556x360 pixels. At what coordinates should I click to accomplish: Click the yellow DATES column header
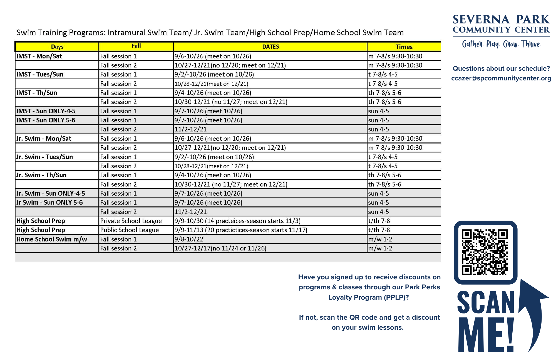pyautogui.click(x=270, y=47)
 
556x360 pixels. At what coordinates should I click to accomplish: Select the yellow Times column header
pyautogui.click(x=404, y=47)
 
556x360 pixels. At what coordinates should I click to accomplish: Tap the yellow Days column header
pyautogui.click(x=57, y=47)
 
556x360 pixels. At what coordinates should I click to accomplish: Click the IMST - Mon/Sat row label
pyautogui.click(x=39, y=56)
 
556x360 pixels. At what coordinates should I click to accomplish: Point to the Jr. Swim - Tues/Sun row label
pyautogui.click(x=44, y=157)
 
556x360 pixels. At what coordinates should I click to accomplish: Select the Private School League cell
pyautogui.click(x=131, y=221)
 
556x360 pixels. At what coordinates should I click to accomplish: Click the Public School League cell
pyautogui.click(x=129, y=230)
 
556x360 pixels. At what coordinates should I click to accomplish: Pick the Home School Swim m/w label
pyautogui.click(x=52, y=239)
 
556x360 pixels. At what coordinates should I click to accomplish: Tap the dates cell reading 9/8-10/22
pyautogui.click(x=189, y=239)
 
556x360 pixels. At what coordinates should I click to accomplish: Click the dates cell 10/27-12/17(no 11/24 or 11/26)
pyautogui.click(x=220, y=248)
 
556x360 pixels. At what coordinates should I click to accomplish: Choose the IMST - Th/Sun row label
pyautogui.click(x=37, y=93)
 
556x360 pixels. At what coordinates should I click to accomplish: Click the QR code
pyautogui.click(x=485, y=252)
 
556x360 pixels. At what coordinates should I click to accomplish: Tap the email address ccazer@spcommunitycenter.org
pyautogui.click(x=501, y=78)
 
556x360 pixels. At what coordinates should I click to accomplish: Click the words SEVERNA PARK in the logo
pyautogui.click(x=501, y=19)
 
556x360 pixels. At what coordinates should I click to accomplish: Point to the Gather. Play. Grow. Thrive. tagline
pyautogui.click(x=501, y=44)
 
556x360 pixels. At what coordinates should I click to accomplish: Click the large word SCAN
pyautogui.click(x=485, y=303)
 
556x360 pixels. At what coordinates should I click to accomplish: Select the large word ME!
pyautogui.click(x=486, y=335)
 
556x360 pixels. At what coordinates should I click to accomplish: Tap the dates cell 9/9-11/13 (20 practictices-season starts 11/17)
pyautogui.click(x=241, y=230)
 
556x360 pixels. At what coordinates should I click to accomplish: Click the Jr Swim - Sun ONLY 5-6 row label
pyautogui.click(x=49, y=203)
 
